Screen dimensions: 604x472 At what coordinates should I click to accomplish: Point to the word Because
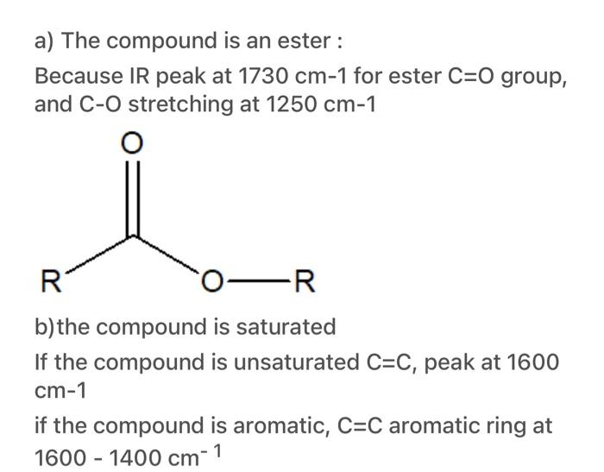(76, 76)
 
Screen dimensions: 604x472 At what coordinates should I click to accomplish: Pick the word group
(536, 76)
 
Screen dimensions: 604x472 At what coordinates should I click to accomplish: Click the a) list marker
(45, 40)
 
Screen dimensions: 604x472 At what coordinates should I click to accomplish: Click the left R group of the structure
(51, 281)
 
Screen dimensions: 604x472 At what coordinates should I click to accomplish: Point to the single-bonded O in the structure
(213, 281)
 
